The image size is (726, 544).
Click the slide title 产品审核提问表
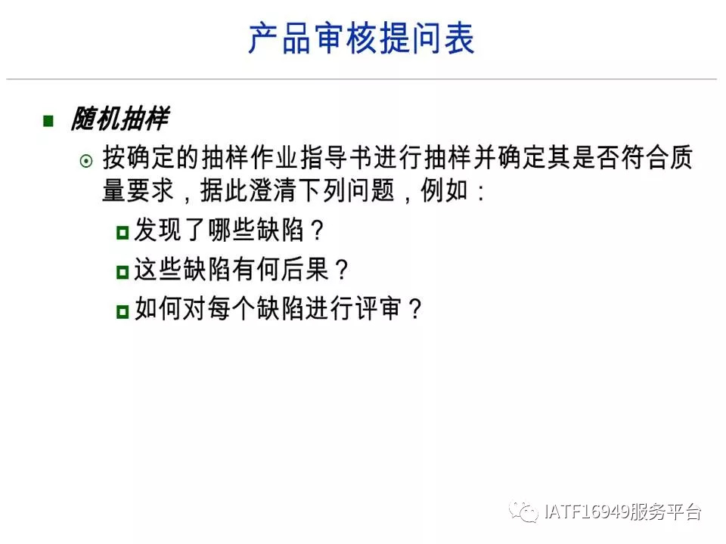(361, 39)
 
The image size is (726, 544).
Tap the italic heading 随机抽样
(120, 119)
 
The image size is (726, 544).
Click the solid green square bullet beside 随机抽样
(48, 121)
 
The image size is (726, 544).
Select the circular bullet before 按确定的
(86, 161)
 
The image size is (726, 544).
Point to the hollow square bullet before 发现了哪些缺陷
(123, 232)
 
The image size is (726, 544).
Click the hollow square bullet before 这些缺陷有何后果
(123, 271)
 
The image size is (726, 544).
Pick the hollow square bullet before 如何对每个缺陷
(123, 311)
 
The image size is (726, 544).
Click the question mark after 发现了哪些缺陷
(317, 230)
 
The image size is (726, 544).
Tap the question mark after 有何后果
(342, 269)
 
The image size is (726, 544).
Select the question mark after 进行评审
(415, 308)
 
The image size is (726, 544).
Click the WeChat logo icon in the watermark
(523, 512)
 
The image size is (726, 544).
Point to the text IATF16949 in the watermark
(586, 512)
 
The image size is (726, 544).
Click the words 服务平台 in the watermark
(665, 512)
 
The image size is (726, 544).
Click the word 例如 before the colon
(444, 190)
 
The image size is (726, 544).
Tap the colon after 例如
(481, 192)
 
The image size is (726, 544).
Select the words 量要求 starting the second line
(138, 190)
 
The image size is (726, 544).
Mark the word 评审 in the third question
(378, 308)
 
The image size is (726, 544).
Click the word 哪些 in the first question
(231, 230)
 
